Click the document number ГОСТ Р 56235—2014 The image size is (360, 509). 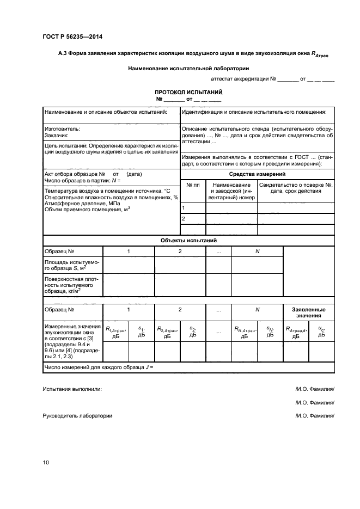(72, 36)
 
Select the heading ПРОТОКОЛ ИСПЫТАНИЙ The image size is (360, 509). (188, 93)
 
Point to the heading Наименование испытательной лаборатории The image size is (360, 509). (188, 69)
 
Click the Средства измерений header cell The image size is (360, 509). (258, 174)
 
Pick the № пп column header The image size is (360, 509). (193, 185)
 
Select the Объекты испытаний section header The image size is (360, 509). (188, 240)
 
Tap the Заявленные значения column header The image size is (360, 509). (309, 312)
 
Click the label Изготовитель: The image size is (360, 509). (62, 129)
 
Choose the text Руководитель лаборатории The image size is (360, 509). (77, 415)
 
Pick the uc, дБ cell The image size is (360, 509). (321, 332)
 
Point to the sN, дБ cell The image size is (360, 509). (270, 332)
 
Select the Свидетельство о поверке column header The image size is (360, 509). (296, 188)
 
